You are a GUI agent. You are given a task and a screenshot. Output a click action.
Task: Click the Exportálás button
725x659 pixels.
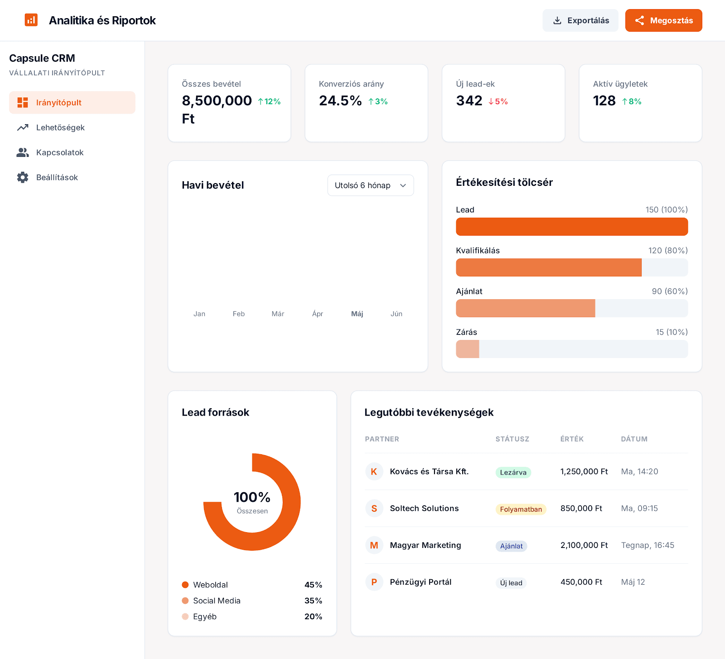[x=580, y=20]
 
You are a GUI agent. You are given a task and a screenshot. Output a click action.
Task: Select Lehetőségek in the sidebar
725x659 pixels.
[x=60, y=128]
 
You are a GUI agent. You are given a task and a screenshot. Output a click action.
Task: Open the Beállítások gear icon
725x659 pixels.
[x=23, y=177]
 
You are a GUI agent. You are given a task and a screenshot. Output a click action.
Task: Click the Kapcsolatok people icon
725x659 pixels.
[x=23, y=152]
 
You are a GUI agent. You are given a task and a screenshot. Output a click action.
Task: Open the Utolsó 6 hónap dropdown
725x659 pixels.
[x=370, y=185]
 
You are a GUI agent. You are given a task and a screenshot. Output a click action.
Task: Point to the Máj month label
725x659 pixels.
[x=357, y=314]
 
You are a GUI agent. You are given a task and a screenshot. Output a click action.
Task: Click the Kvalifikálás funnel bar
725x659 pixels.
[x=548, y=267]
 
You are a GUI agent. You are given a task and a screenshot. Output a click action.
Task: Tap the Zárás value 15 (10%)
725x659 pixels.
[x=672, y=332]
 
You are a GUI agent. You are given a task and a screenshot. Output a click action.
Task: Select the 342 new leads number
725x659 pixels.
[x=469, y=101]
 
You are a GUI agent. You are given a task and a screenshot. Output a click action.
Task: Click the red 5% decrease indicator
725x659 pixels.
[x=498, y=102]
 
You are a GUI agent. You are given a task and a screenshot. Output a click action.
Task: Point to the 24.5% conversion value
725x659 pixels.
[x=340, y=101]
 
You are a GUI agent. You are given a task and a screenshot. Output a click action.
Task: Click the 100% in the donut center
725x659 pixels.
[x=252, y=497]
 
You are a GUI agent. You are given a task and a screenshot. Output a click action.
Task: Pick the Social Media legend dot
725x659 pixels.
[x=185, y=601]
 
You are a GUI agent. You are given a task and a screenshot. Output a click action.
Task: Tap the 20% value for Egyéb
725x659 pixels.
[x=313, y=616]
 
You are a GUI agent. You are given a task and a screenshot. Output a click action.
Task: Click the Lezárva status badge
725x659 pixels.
[x=513, y=472]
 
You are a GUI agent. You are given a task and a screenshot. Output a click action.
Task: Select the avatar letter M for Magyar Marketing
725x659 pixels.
[x=374, y=545]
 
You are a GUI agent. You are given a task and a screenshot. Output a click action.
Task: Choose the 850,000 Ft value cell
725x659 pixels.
[x=581, y=509]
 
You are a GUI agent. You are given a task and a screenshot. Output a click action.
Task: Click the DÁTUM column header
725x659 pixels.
[x=634, y=439]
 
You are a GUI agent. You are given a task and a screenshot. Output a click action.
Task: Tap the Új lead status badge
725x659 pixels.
[x=511, y=583]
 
